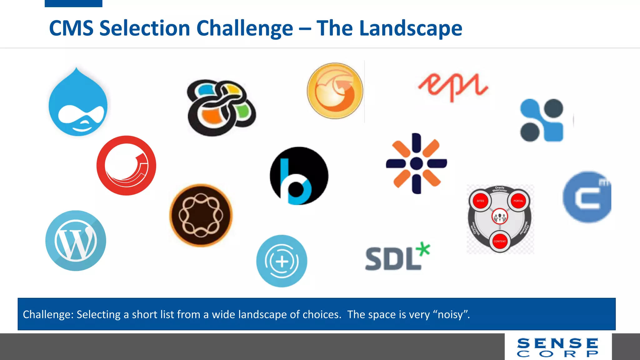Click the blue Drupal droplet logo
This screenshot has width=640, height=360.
coord(78,103)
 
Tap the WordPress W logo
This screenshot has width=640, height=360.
coord(76,240)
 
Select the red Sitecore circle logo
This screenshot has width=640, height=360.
coord(126,165)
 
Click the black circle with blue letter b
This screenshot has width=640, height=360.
coord(299,176)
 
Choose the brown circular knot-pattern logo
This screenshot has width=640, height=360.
coord(201,215)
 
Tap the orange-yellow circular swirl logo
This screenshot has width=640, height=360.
coord(335,91)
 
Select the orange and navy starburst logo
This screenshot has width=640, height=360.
coord(416,163)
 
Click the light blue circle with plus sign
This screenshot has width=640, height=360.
coord(282,261)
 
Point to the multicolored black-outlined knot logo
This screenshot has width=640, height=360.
coord(221,107)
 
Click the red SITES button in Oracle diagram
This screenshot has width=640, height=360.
coord(480,201)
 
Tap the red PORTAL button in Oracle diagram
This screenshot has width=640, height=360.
coord(518,201)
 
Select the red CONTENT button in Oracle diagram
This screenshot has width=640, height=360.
coord(500,241)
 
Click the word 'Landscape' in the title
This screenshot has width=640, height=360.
coord(411,28)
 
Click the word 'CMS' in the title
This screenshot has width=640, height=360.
coord(71,28)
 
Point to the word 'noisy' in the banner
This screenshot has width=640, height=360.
coord(450,314)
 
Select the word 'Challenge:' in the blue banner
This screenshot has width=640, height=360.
coord(48,314)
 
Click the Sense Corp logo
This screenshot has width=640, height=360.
coord(558,347)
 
